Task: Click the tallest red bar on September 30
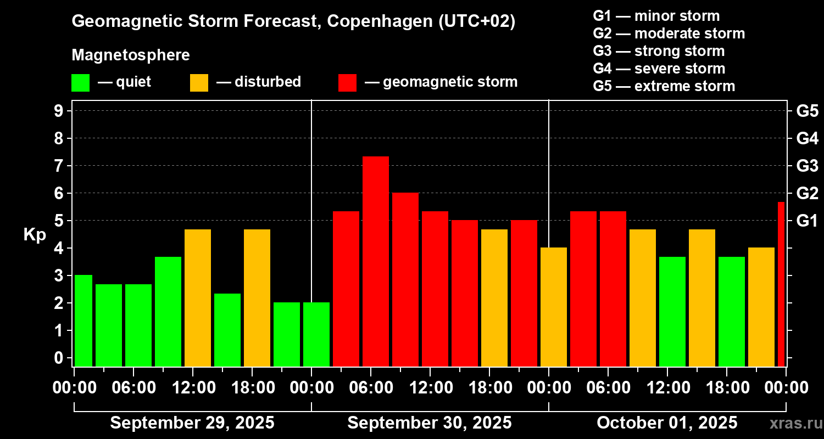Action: (376, 261)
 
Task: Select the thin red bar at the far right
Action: (781, 284)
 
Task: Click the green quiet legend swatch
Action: (80, 83)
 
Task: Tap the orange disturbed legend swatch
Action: (199, 83)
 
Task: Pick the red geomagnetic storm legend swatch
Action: (347, 83)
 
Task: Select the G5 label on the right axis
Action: (807, 111)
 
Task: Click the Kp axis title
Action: (34, 234)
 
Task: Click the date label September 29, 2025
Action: (192, 423)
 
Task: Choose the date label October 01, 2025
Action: (667, 423)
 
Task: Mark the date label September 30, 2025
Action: (430, 423)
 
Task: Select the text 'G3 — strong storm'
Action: (659, 51)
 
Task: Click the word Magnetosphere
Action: (131, 55)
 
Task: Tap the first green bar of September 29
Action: (83, 320)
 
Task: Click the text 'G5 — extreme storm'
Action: (664, 86)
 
